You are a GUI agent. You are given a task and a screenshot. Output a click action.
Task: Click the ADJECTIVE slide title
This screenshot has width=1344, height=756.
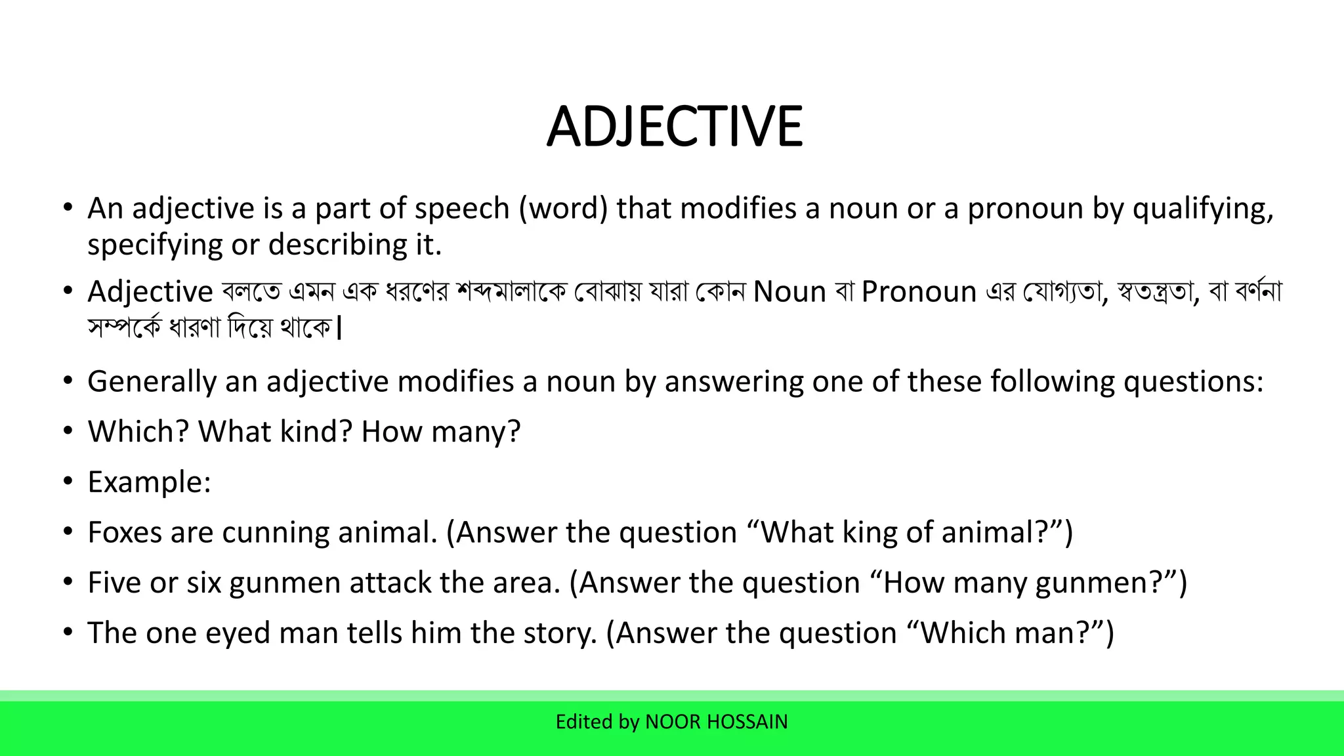point(674,127)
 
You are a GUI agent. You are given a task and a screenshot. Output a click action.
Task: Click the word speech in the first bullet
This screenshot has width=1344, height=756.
point(462,209)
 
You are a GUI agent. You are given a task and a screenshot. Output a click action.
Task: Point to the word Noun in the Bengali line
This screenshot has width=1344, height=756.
point(789,291)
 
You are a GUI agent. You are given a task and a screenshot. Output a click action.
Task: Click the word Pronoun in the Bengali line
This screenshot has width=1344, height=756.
point(919,291)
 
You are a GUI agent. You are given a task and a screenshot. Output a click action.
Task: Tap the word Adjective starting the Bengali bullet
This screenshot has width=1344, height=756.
point(150,291)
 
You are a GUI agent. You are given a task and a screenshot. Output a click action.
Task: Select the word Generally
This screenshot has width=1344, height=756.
point(152,382)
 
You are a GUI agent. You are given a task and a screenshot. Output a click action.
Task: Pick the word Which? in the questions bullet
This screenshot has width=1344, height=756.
point(138,432)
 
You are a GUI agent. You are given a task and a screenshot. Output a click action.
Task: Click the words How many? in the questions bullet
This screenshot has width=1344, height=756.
point(440,432)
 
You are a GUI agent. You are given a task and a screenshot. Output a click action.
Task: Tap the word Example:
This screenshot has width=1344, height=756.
point(150,482)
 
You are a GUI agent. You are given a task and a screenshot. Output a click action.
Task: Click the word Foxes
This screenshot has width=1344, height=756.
point(125,532)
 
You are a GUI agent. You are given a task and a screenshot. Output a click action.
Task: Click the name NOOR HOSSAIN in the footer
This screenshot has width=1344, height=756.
point(716,722)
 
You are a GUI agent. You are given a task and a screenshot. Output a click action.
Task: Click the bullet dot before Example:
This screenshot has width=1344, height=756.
point(68,481)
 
